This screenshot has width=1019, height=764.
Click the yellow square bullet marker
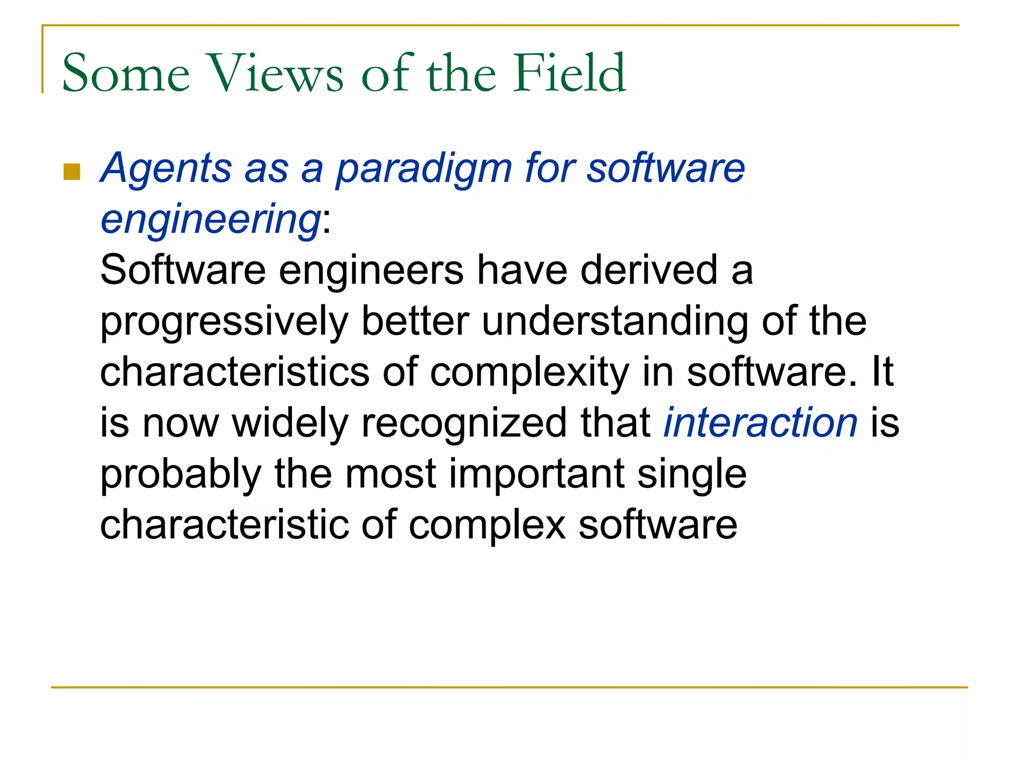coord(72,172)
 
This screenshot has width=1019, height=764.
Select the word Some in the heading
coord(126,74)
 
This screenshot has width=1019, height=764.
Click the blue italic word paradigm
coord(424,169)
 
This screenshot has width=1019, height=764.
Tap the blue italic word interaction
coord(761,423)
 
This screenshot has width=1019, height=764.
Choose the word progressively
coord(224,322)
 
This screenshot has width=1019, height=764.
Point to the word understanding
coord(615,322)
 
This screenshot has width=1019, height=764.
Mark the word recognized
coord(464,423)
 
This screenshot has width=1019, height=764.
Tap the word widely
coord(290,423)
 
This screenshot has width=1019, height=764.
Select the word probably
coord(181,475)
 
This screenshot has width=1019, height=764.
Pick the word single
coord(692,475)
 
